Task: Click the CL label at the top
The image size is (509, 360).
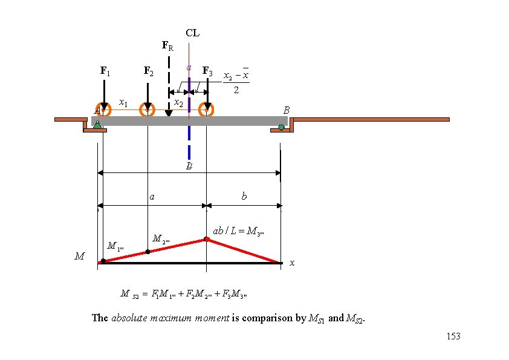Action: pyautogui.click(x=192, y=33)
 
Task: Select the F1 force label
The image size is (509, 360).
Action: pyautogui.click(x=105, y=71)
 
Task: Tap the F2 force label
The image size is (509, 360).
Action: pyautogui.click(x=148, y=71)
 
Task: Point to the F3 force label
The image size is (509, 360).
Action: pyautogui.click(x=207, y=71)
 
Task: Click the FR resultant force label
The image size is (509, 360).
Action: pyautogui.click(x=167, y=45)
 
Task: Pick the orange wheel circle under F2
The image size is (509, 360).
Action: pyautogui.click(x=148, y=110)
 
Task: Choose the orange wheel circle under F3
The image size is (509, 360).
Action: pyautogui.click(x=207, y=110)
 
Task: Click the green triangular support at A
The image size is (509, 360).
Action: pyautogui.click(x=98, y=126)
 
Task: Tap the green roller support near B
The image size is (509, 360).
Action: pyautogui.click(x=281, y=127)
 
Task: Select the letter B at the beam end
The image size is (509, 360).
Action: pyautogui.click(x=287, y=111)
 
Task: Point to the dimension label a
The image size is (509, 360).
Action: pyautogui.click(x=152, y=197)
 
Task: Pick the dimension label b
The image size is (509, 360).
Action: pyautogui.click(x=244, y=197)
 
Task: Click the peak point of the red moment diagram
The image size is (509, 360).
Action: pyautogui.click(x=207, y=240)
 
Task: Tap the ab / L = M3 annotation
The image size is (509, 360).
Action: pyautogui.click(x=239, y=231)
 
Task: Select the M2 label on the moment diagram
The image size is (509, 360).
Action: pyautogui.click(x=161, y=238)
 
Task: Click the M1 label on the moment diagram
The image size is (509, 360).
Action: pyautogui.click(x=115, y=246)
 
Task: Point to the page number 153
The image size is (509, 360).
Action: pyautogui.click(x=452, y=336)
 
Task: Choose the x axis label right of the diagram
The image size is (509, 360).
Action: pyautogui.click(x=292, y=263)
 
